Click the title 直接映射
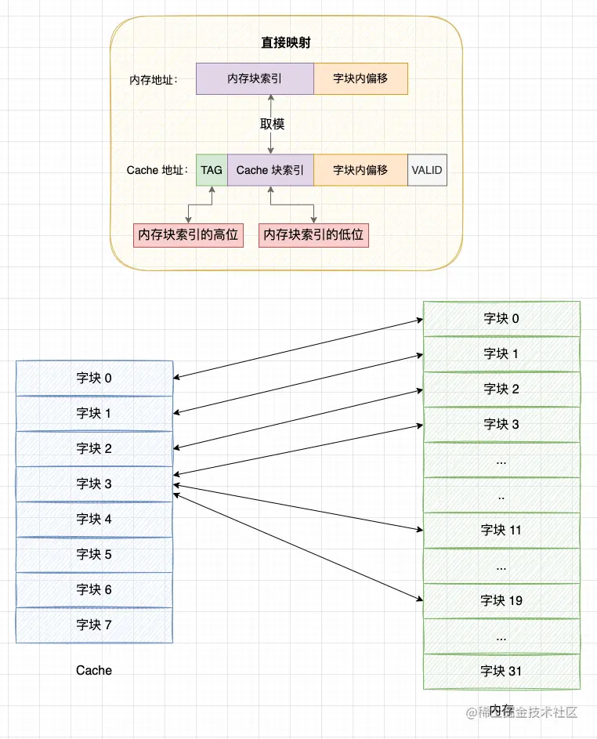(x=285, y=43)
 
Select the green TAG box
(x=212, y=170)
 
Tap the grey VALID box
(x=427, y=170)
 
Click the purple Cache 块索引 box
(x=270, y=170)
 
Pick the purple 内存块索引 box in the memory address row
(x=255, y=79)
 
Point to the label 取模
(x=272, y=124)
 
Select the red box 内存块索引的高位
(x=188, y=234)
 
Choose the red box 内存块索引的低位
(x=313, y=234)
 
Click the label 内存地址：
(x=154, y=80)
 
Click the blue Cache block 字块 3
(x=94, y=484)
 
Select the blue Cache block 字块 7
(x=94, y=625)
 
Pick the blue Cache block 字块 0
(x=94, y=378)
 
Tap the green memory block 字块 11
(x=501, y=531)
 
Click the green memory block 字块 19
(x=501, y=600)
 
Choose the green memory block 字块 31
(x=501, y=671)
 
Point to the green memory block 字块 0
(x=501, y=318)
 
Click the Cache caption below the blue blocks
(x=94, y=671)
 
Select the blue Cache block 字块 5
(x=94, y=554)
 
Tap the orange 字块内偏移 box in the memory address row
(x=360, y=79)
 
